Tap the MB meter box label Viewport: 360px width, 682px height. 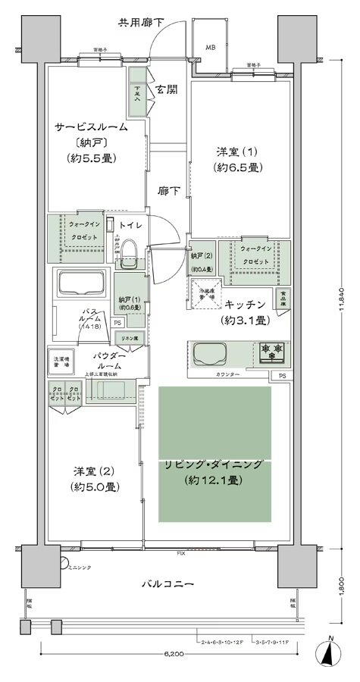tap(210, 45)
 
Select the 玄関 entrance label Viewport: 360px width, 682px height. tap(167, 89)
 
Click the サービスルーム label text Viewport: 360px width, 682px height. tap(90, 127)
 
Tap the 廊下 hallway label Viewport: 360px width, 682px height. tap(168, 192)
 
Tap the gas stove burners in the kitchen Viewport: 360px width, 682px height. tap(271, 351)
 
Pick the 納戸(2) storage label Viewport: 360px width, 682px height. tap(202, 260)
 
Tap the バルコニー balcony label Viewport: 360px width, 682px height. tap(168, 584)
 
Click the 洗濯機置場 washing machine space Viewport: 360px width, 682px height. tap(62, 362)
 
